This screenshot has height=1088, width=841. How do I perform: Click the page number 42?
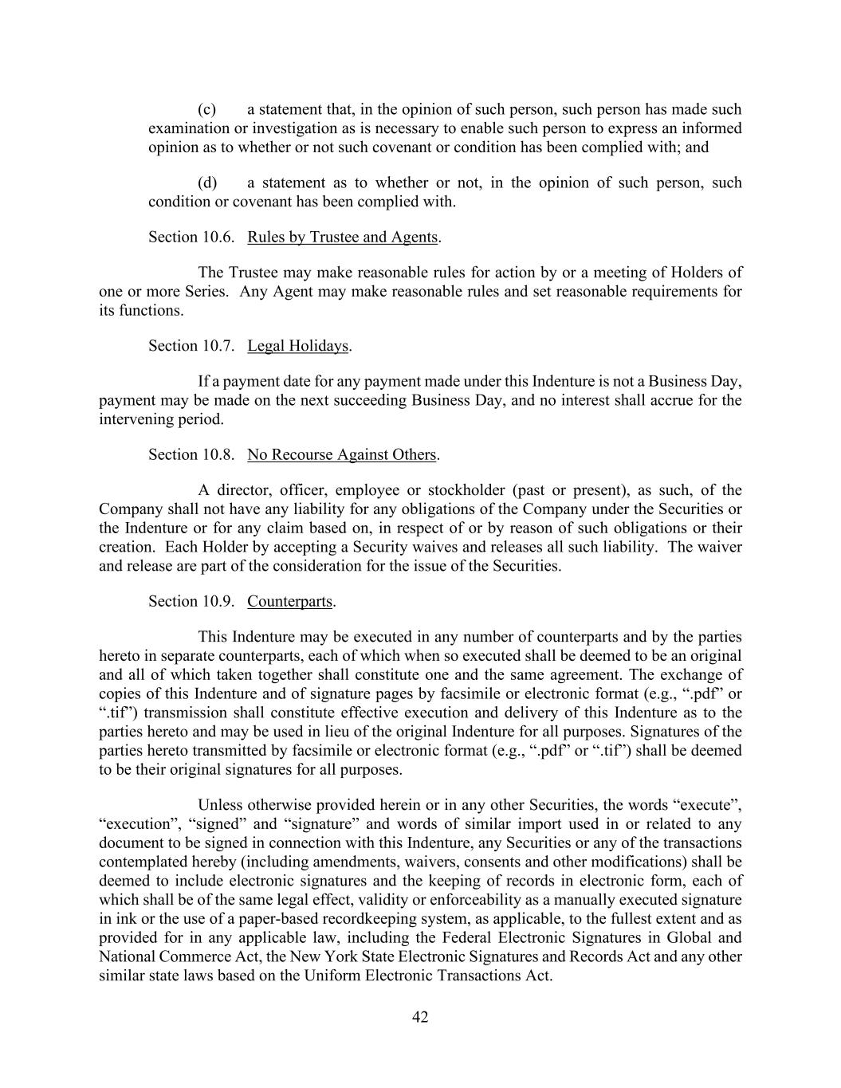pos(420,1017)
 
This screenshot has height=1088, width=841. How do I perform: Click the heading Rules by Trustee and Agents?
pos(342,237)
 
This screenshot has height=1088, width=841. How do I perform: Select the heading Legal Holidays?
pos(298,346)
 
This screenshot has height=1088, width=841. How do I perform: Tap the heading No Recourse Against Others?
pos(341,454)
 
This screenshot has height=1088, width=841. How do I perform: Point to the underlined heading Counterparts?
pos(289,601)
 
